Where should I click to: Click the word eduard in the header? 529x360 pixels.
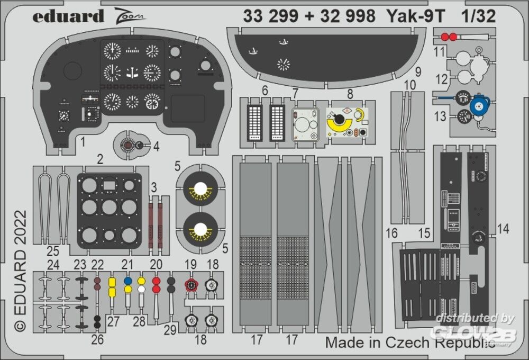(x=68, y=16)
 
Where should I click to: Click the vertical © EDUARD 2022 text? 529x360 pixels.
(x=20, y=271)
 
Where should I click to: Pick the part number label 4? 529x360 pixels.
(x=157, y=146)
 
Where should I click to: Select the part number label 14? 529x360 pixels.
(x=504, y=229)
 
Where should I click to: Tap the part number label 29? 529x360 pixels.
(x=170, y=330)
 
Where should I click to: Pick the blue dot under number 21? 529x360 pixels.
(x=127, y=280)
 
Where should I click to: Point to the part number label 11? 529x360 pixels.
(x=440, y=52)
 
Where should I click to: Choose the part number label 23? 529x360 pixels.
(x=80, y=264)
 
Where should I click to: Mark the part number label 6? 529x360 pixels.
(x=264, y=91)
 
